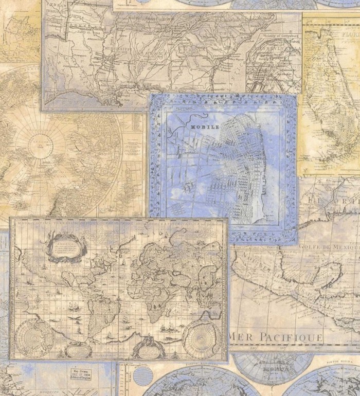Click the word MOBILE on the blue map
pos(205,126)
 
